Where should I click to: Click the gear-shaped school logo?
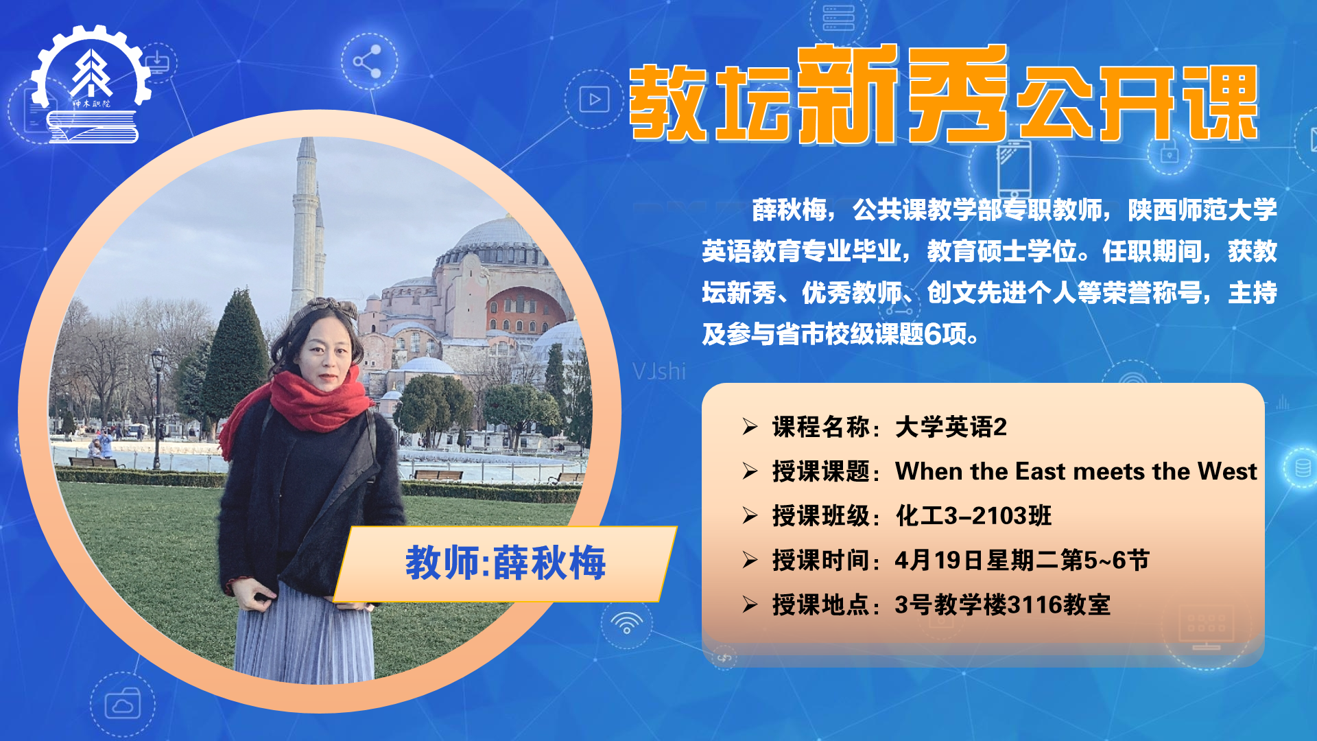coord(91,84)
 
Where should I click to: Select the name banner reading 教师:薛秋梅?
coord(506,563)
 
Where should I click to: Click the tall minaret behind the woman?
coord(305,226)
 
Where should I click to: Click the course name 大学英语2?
coord(951,427)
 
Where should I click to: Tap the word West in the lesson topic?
coord(1227,471)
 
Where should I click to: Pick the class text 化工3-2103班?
coord(973,515)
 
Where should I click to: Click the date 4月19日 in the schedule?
coord(939,560)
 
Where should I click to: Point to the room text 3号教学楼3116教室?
coord(1003,604)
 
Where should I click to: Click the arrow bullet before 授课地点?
coord(750,604)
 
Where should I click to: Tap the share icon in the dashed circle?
coord(368,62)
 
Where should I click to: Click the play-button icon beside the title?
coord(594,99)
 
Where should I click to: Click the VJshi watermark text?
coord(658,371)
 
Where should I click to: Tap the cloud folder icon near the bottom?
coord(123,703)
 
